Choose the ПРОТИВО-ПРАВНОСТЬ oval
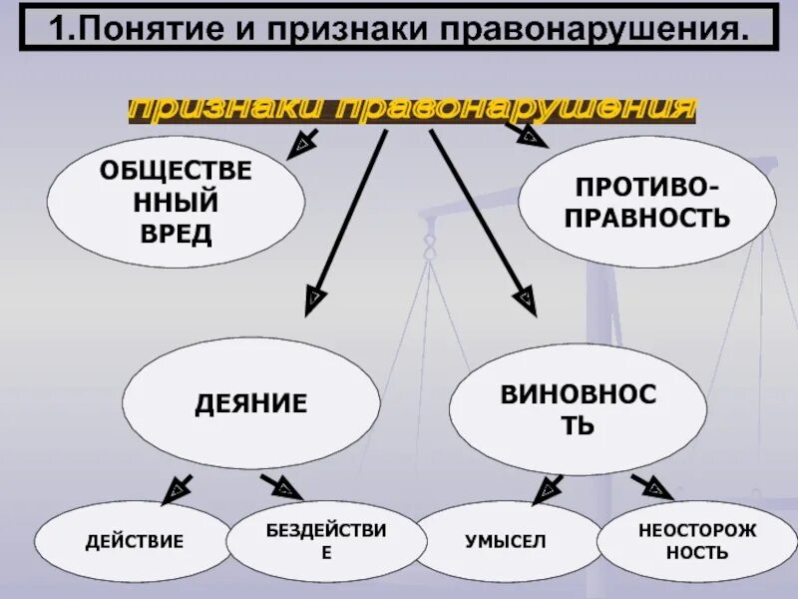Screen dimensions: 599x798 646,203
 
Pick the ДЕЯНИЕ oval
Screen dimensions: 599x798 250,403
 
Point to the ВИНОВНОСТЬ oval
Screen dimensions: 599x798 578,409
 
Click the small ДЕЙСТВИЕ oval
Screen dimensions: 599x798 135,542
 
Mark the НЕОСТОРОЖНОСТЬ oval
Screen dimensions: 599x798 683,540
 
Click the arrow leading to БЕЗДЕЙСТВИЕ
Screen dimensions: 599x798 282,486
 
